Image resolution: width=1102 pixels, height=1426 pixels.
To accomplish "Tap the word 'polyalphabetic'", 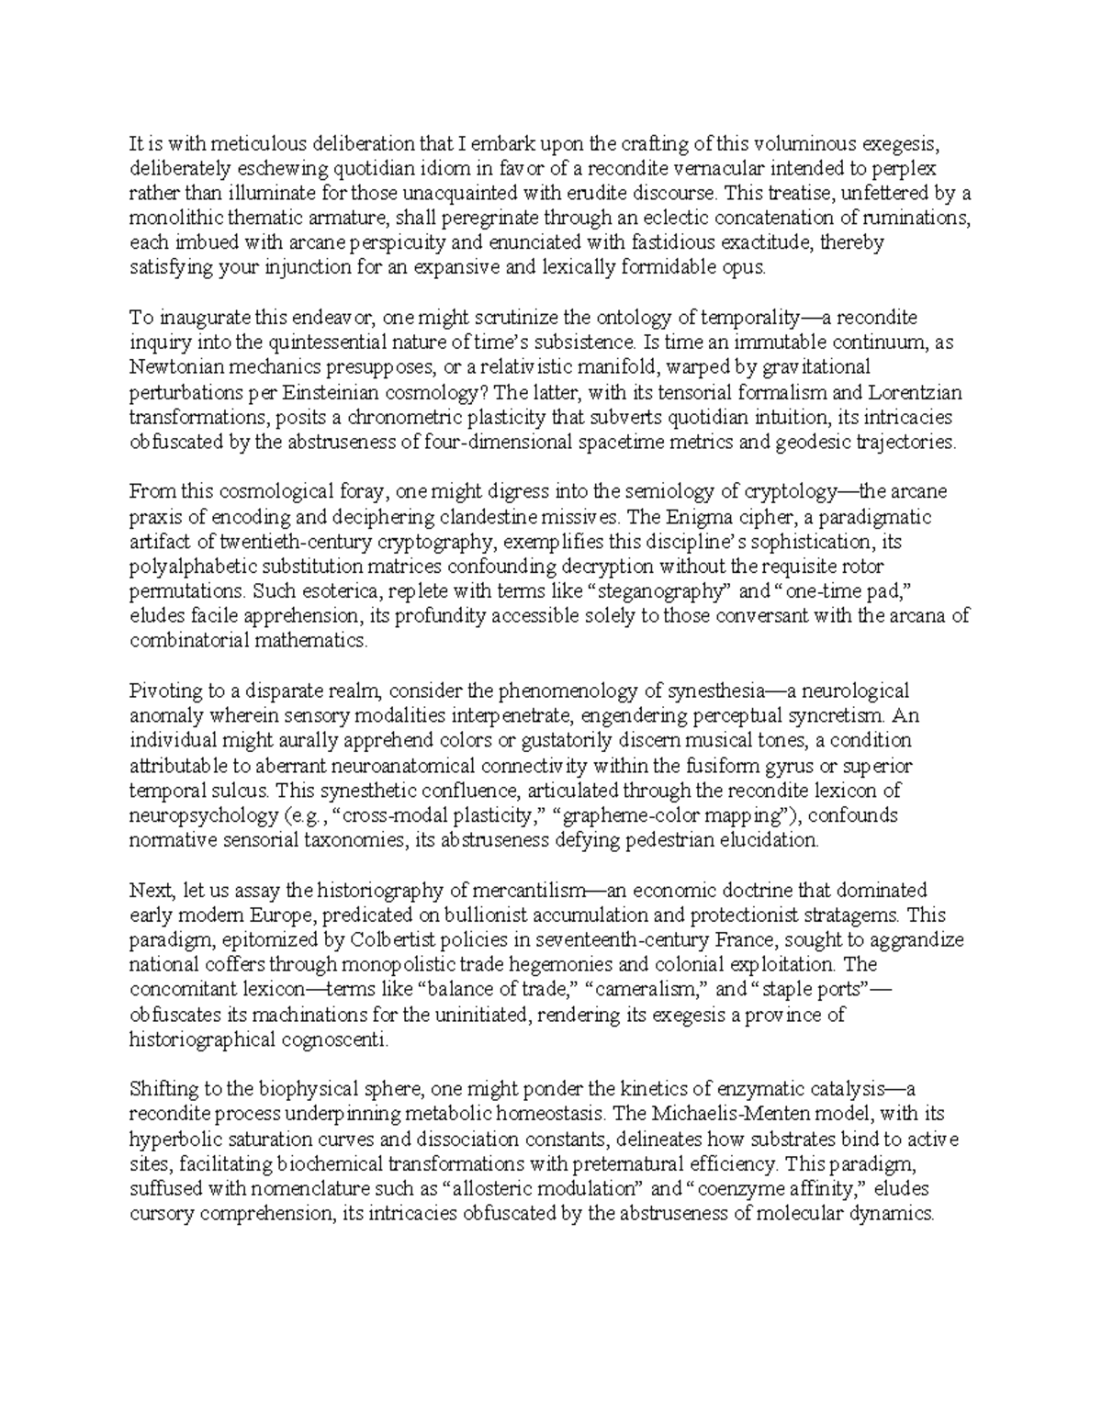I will [x=189, y=567].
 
